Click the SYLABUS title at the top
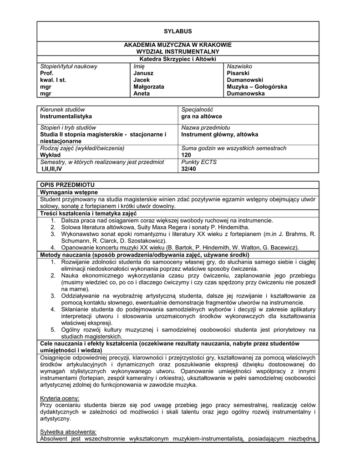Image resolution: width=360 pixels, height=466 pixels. point(178,31)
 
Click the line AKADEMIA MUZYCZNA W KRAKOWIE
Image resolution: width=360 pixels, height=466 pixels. point(178,45)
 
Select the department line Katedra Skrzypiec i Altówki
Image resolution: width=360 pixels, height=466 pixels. point(178,59)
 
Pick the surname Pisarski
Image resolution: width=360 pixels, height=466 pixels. point(238,73)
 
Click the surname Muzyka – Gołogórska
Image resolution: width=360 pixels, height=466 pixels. point(257,86)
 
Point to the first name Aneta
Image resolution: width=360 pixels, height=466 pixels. point(141,93)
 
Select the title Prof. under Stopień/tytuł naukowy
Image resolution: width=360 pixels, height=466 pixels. point(47,73)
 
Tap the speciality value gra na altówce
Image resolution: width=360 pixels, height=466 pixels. point(202,116)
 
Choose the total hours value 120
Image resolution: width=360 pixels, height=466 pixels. point(186,155)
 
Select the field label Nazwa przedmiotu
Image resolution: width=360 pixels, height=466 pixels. point(205,127)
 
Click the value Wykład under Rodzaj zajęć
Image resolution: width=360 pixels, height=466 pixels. point(51,155)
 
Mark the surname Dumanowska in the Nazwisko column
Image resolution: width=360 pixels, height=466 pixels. point(246,93)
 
